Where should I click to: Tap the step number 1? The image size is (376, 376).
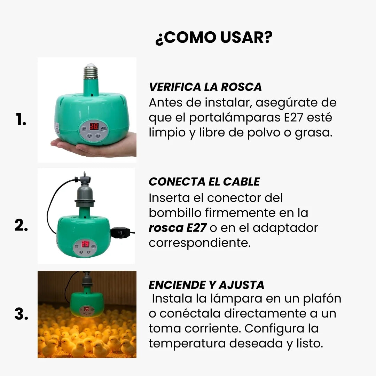click(21, 120)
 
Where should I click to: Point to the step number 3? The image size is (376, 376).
click(21, 314)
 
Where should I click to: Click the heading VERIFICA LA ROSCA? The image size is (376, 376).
click(205, 87)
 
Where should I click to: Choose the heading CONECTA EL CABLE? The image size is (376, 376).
click(204, 182)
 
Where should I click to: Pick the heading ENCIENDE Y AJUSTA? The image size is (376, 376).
click(206, 285)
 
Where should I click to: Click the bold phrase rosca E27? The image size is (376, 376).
click(177, 228)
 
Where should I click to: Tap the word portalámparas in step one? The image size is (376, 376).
click(234, 118)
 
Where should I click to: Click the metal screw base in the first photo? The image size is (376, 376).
click(91, 71)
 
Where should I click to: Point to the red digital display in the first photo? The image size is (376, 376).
click(94, 126)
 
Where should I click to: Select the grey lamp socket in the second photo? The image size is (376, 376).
click(84, 195)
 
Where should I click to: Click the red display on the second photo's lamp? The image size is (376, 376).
click(85, 244)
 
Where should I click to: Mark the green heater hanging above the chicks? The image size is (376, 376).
click(87, 303)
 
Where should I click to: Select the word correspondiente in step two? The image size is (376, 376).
click(199, 243)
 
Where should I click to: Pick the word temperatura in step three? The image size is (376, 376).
click(187, 344)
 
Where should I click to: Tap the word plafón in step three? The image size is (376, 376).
click(323, 299)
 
